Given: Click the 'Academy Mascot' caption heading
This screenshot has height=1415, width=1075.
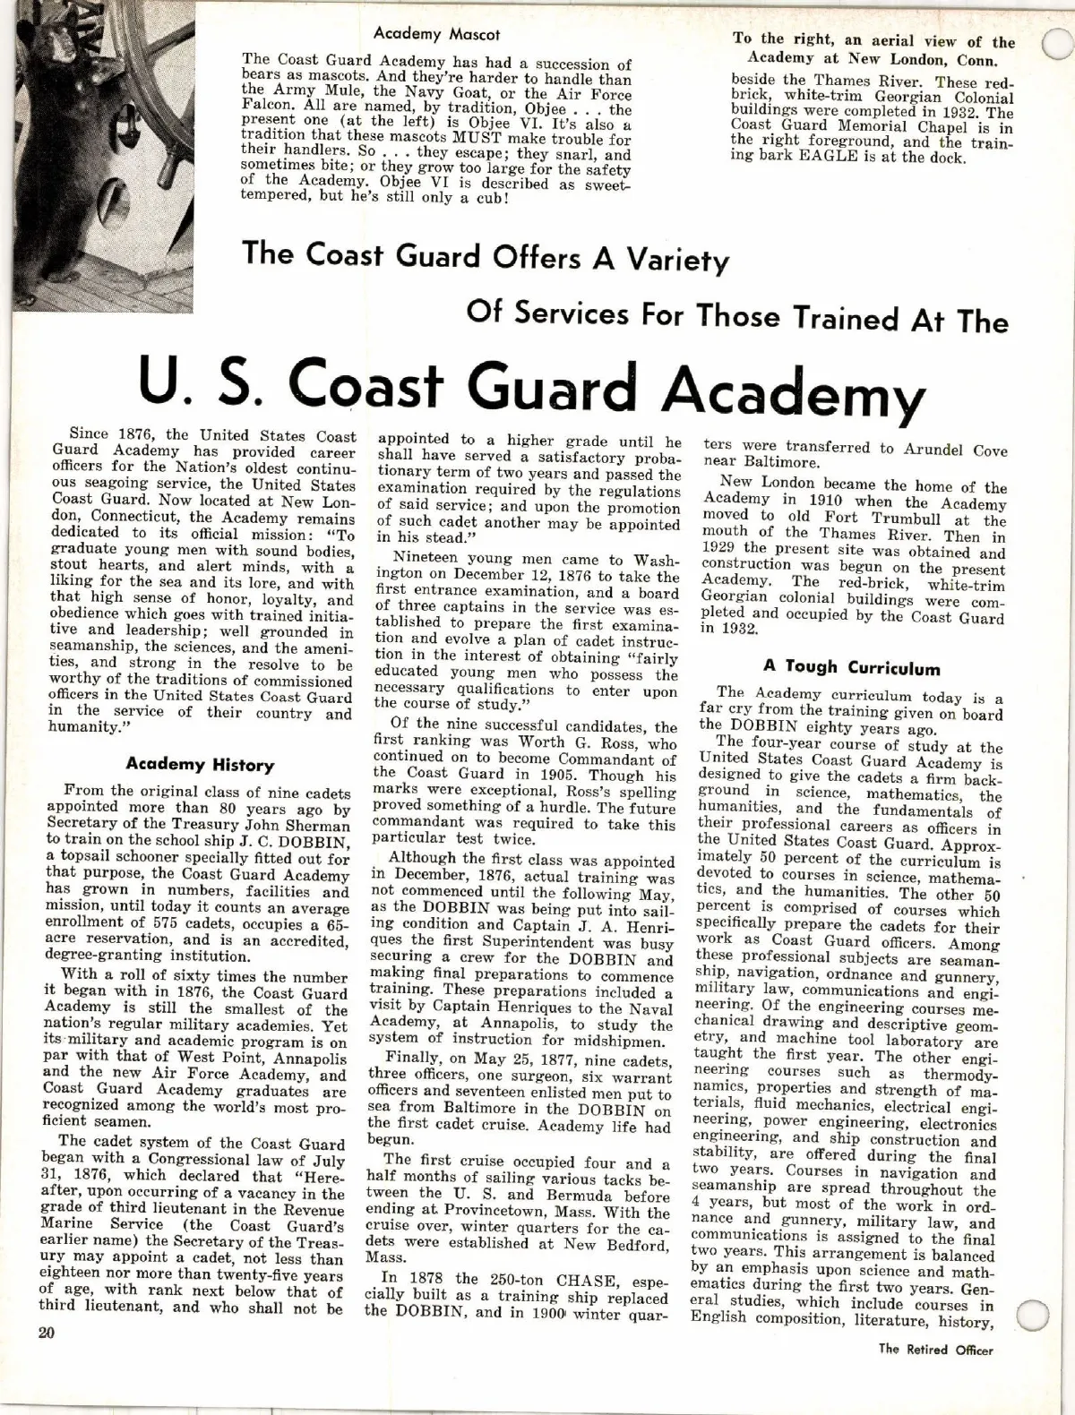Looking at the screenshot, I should point(436,34).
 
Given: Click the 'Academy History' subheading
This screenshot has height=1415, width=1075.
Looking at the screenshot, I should point(200,765).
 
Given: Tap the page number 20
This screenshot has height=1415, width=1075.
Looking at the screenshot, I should point(46,1332).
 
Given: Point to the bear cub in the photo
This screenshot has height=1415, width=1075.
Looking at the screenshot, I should point(45,161).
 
